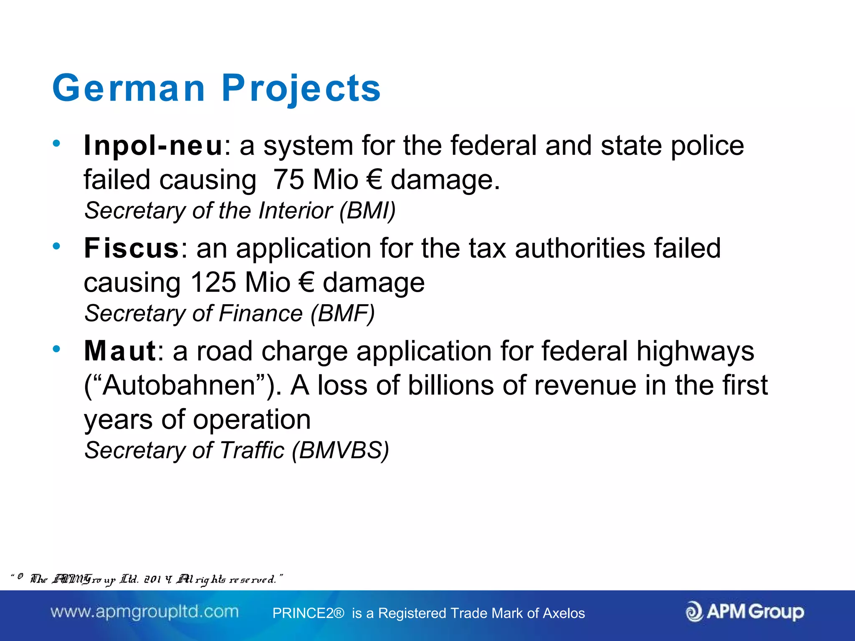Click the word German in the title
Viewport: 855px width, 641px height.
tap(129, 88)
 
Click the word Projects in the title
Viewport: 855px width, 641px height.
tap(301, 88)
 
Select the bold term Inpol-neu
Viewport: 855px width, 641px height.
tap(153, 146)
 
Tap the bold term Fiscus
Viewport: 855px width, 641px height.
tap(132, 248)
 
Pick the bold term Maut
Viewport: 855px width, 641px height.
tap(120, 351)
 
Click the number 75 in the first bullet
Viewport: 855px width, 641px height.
tap(288, 180)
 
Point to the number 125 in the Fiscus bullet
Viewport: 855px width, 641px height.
tap(213, 283)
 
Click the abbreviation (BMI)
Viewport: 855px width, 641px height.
tap(367, 211)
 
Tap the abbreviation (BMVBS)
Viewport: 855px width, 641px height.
tap(340, 450)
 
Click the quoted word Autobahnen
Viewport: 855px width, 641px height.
tap(179, 385)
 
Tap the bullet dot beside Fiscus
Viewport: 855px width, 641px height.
tap(56, 246)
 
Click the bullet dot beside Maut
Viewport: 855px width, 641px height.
tap(56, 349)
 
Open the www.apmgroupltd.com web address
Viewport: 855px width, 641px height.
tap(144, 612)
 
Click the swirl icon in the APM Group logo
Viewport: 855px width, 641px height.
tap(694, 612)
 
